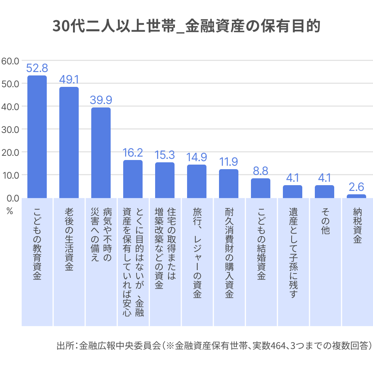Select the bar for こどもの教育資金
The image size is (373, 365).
coord(37,137)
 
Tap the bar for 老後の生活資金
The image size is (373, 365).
coord(69,142)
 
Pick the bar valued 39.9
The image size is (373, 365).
coord(101,153)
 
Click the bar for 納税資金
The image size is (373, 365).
coord(356,196)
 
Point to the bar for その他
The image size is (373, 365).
coord(324,192)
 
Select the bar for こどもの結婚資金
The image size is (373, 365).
coord(260,188)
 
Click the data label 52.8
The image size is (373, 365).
coord(37,68)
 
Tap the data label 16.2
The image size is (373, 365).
coord(133,153)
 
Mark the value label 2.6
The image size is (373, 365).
coord(356,187)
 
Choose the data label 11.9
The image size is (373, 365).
coord(229,162)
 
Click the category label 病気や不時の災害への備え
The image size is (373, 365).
coord(101,235)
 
